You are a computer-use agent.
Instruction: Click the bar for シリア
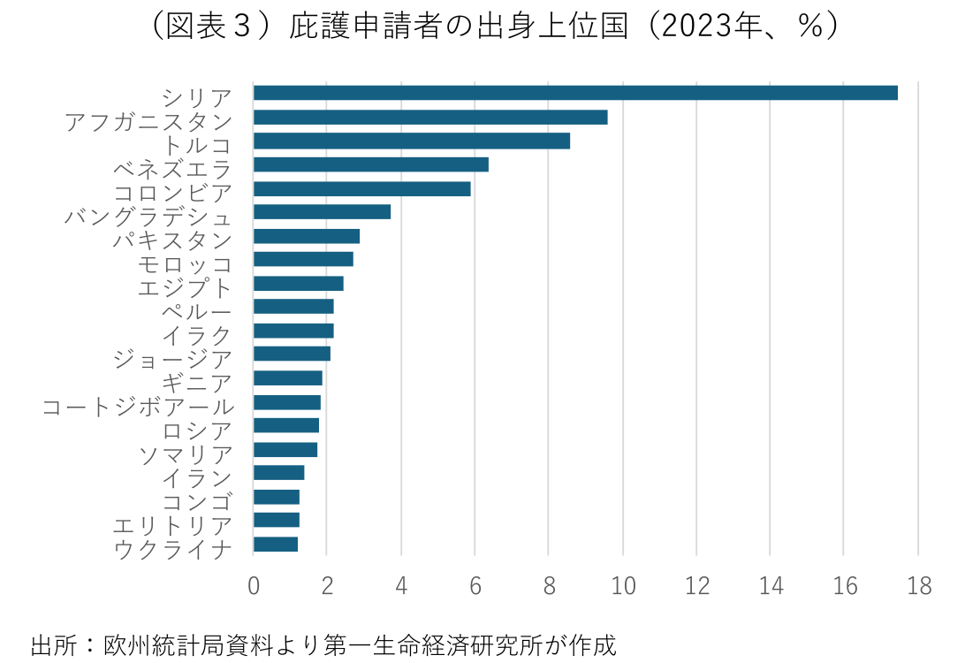(575, 93)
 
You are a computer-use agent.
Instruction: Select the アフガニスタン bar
(430, 117)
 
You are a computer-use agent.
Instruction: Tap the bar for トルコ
(412, 141)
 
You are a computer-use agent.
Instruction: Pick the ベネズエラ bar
(371, 164)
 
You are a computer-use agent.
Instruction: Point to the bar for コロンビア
(362, 188)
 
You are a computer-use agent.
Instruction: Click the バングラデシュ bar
(322, 212)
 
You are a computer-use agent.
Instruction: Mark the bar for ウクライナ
(276, 544)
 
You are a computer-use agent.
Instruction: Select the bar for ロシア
(286, 425)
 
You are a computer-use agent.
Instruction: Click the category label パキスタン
(173, 240)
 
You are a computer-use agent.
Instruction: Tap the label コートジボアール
(139, 407)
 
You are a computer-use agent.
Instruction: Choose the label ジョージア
(173, 359)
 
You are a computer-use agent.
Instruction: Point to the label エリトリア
(173, 526)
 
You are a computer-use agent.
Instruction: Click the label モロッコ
(186, 263)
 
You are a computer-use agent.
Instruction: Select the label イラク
(197, 335)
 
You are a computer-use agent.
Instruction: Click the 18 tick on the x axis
(919, 587)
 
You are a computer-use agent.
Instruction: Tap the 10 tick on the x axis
(623, 587)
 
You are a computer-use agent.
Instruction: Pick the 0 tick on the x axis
(254, 587)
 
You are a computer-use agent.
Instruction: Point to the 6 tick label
(475, 587)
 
